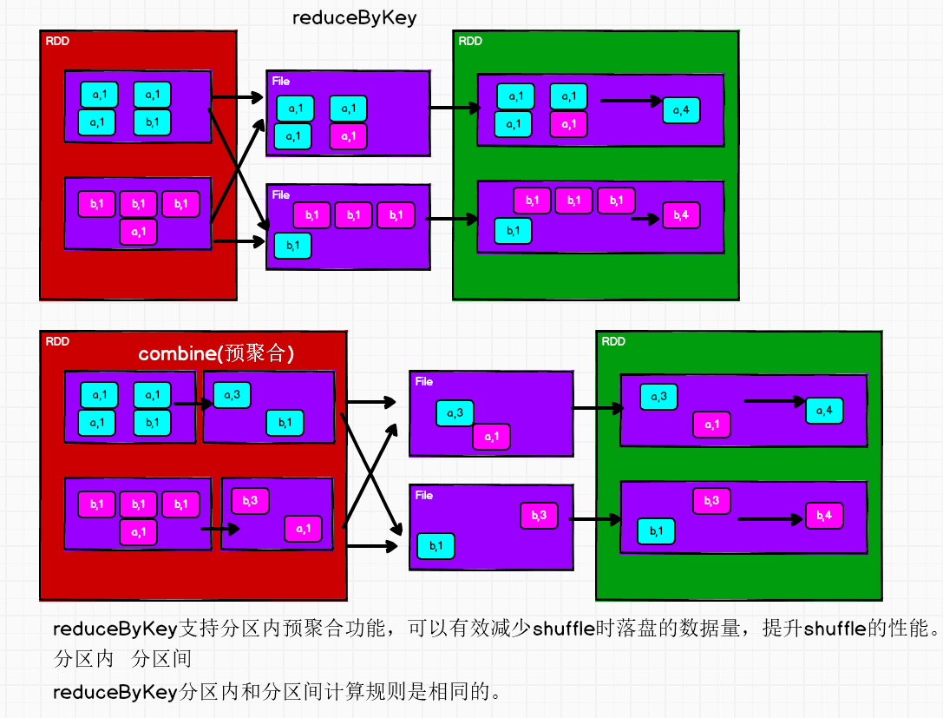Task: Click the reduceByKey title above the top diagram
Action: [355, 18]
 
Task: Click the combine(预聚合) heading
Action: [217, 353]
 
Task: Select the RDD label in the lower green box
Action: [613, 341]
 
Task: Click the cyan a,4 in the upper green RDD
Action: [681, 110]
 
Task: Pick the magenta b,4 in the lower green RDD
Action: [823, 515]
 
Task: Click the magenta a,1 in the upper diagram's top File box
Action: [348, 136]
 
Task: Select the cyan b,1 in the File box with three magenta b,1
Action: [292, 246]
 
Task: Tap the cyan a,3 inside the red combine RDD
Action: [232, 395]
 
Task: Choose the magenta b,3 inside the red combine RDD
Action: [250, 501]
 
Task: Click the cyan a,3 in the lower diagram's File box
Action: [455, 413]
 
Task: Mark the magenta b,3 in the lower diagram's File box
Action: [539, 515]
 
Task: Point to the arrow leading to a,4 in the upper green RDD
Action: [631, 101]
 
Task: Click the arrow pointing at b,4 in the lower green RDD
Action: [770, 519]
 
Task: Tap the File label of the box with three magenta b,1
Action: [280, 195]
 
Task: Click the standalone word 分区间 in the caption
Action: [161, 659]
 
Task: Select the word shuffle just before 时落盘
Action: [564, 629]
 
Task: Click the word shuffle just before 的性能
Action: [835, 629]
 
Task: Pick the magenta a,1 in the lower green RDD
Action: [711, 425]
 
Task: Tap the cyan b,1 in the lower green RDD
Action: [656, 530]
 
